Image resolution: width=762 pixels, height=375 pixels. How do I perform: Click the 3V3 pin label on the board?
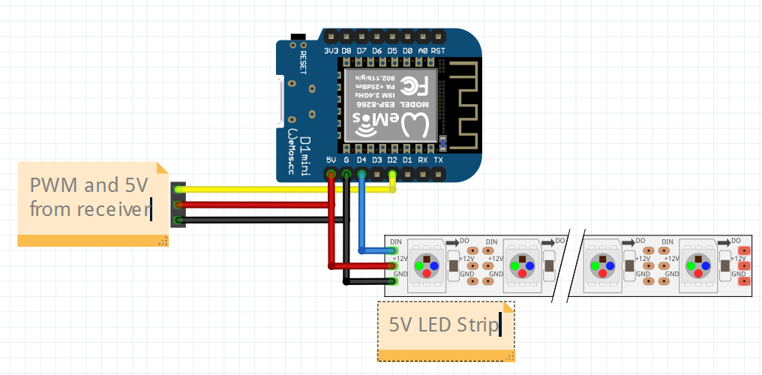(331, 51)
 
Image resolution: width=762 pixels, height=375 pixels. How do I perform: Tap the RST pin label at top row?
(439, 51)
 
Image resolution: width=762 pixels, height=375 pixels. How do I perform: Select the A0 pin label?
(423, 51)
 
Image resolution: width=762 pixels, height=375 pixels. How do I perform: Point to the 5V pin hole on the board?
(331, 175)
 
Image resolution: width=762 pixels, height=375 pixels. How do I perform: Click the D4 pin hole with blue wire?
(361, 175)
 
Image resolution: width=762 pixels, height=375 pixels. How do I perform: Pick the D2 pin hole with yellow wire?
(392, 175)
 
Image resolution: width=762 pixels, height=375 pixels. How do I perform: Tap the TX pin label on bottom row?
(439, 160)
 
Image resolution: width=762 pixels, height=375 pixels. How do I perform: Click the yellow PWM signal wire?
(285, 189)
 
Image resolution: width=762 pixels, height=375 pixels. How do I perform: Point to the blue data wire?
(362, 217)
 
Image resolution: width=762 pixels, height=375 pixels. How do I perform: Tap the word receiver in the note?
(112, 208)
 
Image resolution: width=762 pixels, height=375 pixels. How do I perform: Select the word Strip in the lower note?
(479, 325)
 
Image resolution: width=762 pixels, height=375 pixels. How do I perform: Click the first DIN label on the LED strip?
(396, 241)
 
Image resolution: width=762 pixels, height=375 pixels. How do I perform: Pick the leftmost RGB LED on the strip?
(426, 266)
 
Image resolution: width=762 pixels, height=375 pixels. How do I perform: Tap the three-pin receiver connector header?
(178, 205)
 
